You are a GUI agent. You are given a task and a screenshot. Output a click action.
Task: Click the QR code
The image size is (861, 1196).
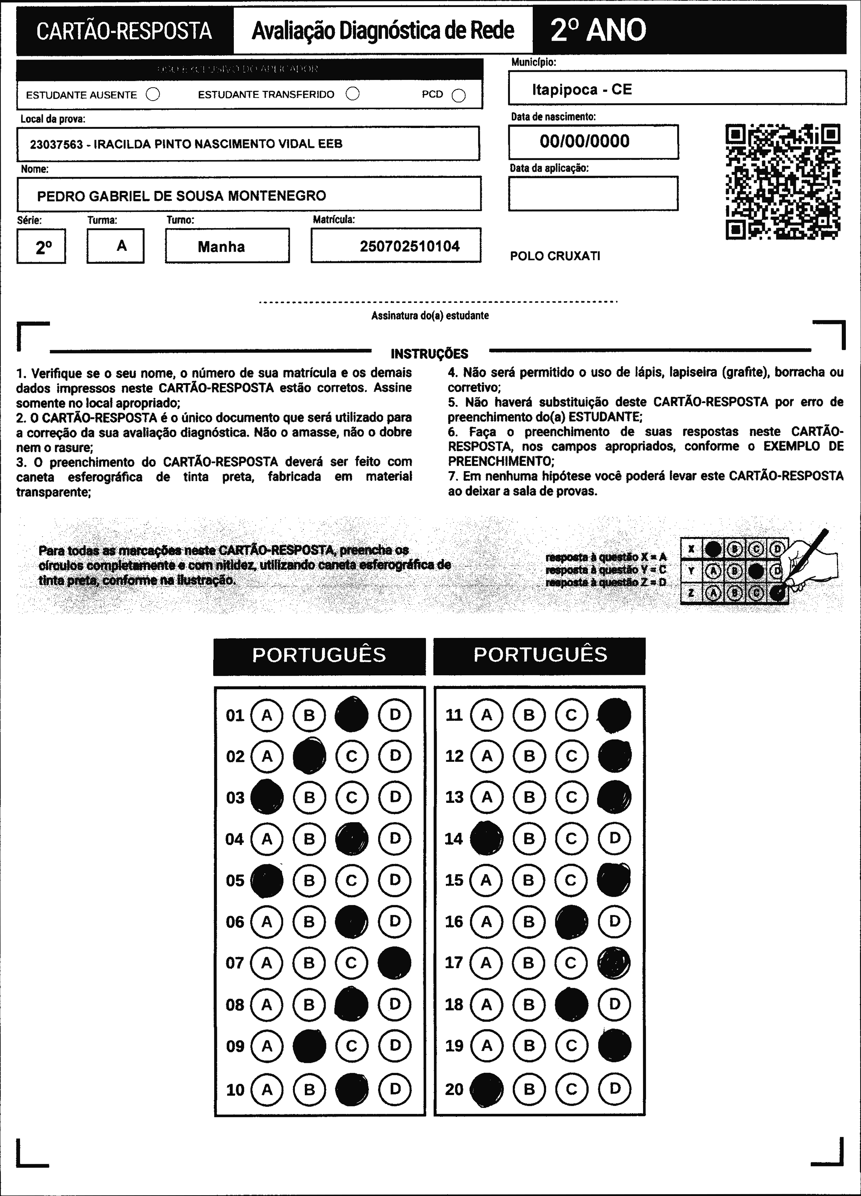pyautogui.click(x=783, y=182)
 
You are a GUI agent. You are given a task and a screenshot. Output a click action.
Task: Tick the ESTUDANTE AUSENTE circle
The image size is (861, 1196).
pyautogui.click(x=153, y=94)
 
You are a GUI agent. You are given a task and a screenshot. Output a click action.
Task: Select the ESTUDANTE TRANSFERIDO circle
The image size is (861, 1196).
pyautogui.click(x=352, y=94)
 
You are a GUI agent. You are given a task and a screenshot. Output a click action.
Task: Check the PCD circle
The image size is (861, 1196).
pyautogui.click(x=459, y=95)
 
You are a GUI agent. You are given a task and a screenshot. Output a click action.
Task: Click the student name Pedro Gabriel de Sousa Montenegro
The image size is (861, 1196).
pyautogui.click(x=181, y=196)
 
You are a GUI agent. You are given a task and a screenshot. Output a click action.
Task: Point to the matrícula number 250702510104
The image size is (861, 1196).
pyautogui.click(x=409, y=246)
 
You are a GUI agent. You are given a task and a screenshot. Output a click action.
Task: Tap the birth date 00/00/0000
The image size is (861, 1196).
pyautogui.click(x=585, y=141)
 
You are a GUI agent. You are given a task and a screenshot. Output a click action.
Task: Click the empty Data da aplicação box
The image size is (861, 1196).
pyautogui.click(x=593, y=193)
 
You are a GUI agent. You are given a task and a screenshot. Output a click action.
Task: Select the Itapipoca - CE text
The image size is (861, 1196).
pyautogui.click(x=581, y=89)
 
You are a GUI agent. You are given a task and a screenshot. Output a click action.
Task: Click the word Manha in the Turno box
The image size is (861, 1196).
pyautogui.click(x=221, y=247)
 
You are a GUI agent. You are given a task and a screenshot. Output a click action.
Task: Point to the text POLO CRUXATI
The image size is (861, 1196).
pyautogui.click(x=555, y=256)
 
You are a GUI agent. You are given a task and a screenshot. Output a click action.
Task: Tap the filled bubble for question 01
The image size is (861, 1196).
pyautogui.click(x=352, y=715)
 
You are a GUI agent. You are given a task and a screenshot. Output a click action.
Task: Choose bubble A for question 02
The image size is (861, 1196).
pyautogui.click(x=267, y=756)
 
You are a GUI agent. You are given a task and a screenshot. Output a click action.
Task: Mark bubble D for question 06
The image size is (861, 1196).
pyautogui.click(x=395, y=921)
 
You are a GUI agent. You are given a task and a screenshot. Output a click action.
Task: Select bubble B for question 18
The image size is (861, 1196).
pyautogui.click(x=529, y=1004)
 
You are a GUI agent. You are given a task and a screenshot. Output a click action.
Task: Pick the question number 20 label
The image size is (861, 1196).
pyautogui.click(x=454, y=1089)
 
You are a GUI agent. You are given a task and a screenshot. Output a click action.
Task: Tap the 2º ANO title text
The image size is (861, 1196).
pyautogui.click(x=598, y=30)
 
